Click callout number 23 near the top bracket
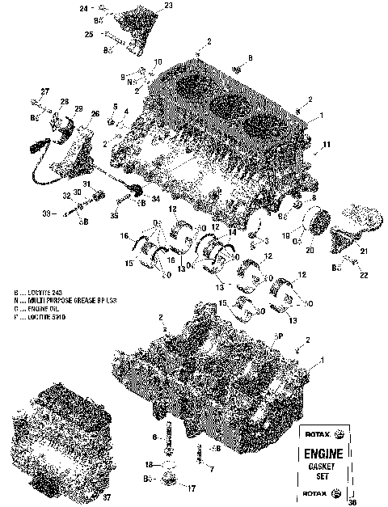coord(168,6)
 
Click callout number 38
coord(373,501)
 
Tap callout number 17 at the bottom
coord(191,489)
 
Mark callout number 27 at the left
coord(33,92)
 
